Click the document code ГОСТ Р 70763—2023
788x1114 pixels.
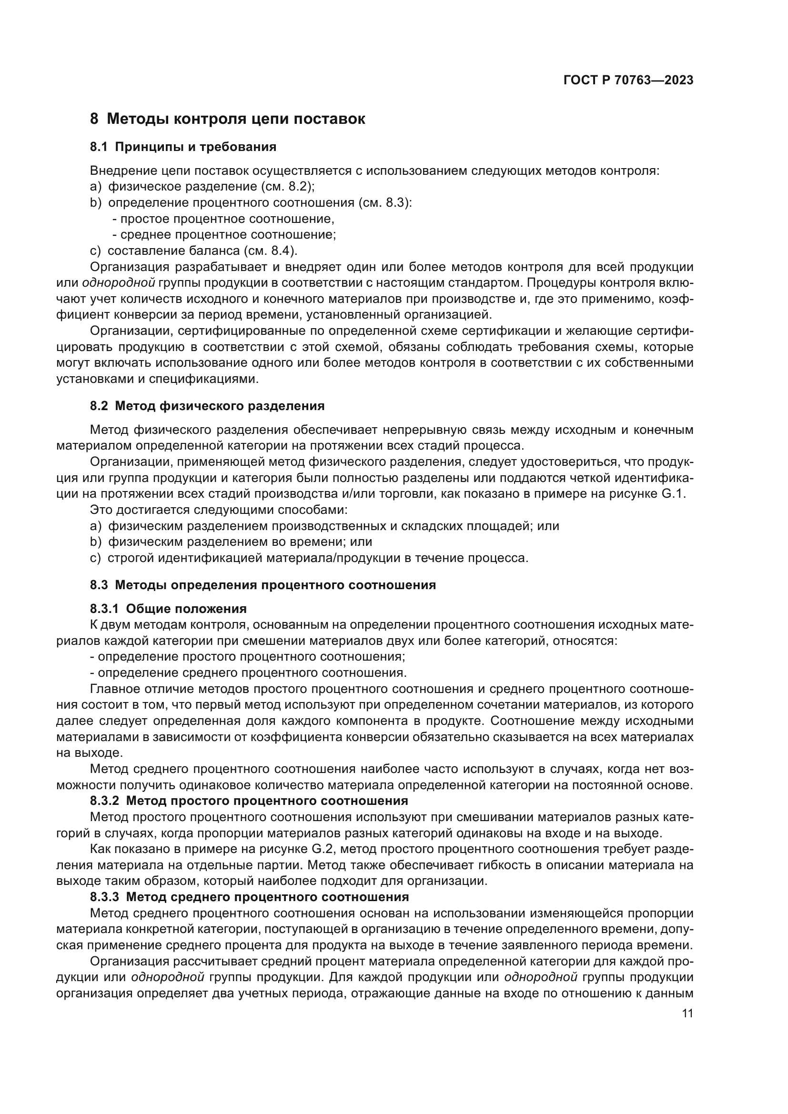[x=628, y=80]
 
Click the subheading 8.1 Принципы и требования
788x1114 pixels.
[x=183, y=147]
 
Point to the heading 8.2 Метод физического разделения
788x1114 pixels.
[x=207, y=406]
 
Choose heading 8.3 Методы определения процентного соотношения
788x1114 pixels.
[x=263, y=585]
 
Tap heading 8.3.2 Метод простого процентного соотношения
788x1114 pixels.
[x=249, y=801]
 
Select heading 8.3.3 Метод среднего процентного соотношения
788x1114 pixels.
[x=249, y=897]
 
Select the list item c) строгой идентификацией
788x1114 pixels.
[x=309, y=559]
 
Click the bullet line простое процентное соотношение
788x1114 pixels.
[x=223, y=219]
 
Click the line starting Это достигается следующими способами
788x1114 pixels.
[x=219, y=511]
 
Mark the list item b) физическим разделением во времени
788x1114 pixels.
[x=231, y=542]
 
